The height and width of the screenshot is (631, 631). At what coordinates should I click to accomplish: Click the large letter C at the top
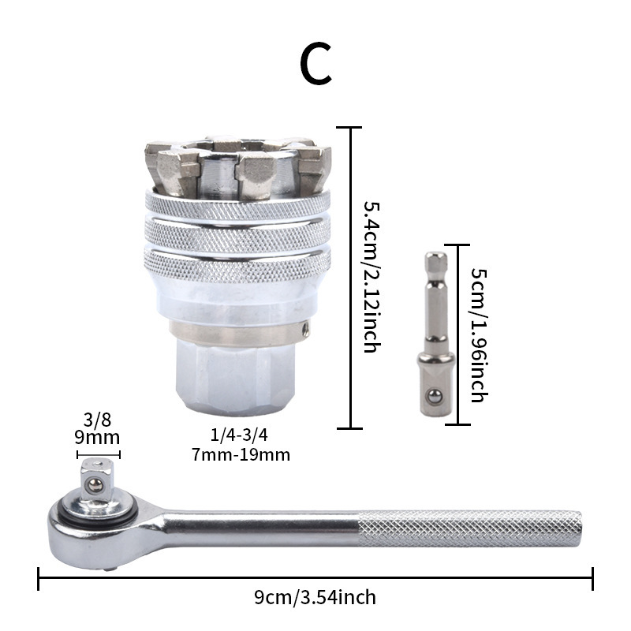click(316, 63)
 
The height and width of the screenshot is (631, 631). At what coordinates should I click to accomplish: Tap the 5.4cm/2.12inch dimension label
click(372, 278)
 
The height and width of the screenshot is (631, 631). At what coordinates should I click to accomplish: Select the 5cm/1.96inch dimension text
click(480, 335)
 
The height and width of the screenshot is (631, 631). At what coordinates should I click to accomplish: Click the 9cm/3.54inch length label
click(315, 597)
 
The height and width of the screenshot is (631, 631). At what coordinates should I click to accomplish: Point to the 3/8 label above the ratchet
click(97, 420)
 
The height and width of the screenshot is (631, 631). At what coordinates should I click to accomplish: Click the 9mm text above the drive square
click(97, 438)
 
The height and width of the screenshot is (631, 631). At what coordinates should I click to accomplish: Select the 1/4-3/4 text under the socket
click(239, 435)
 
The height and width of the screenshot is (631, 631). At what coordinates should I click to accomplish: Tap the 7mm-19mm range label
click(241, 455)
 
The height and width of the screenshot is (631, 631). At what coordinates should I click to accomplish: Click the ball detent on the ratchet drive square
click(95, 486)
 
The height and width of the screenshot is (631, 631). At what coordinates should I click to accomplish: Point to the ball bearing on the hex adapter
click(435, 397)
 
